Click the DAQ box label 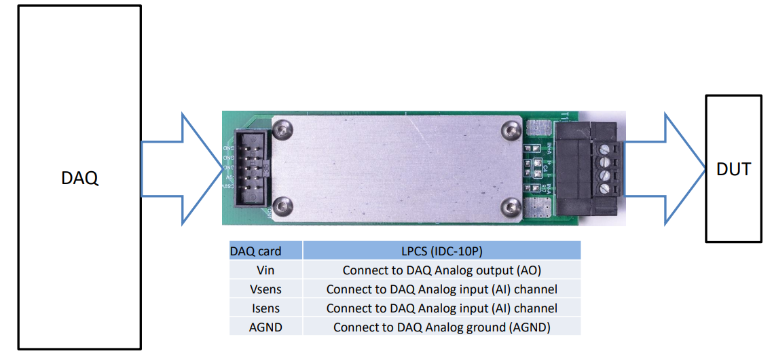pos(79,179)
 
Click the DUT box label pos(733,168)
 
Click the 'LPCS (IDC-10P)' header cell pos(441,251)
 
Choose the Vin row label pos(265,270)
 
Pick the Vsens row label pos(265,289)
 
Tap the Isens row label pos(265,308)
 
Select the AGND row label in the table pos(265,327)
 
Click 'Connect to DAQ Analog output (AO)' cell pos(441,270)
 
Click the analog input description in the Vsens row pos(441,289)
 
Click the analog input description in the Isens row pos(441,308)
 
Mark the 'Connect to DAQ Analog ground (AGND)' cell pos(441,327)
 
